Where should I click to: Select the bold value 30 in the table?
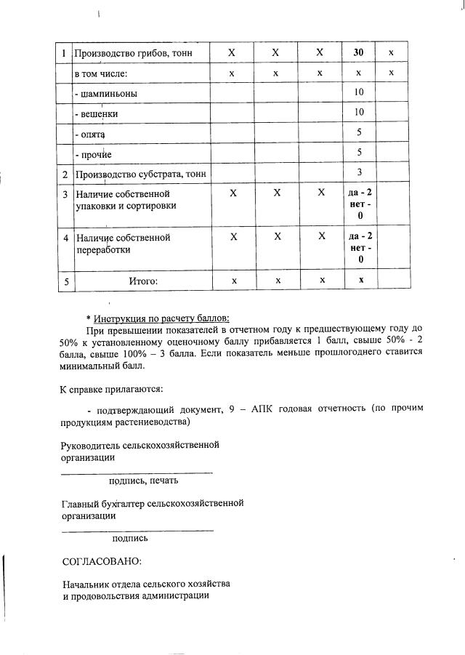(359, 53)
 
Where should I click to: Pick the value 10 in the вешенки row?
(359, 113)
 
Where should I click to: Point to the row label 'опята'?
(91, 134)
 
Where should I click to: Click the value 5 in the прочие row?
(359, 153)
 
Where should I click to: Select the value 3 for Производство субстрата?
(359, 173)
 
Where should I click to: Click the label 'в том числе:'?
(101, 74)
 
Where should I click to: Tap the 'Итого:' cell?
(142, 280)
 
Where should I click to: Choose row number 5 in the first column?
(65, 280)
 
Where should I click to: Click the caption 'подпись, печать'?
(143, 481)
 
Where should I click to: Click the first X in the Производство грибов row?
(232, 53)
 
